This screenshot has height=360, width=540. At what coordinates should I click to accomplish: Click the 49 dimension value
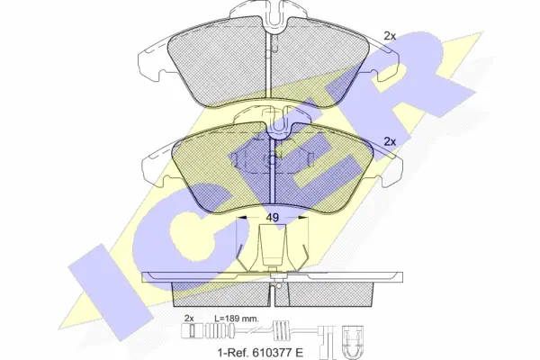click(273, 218)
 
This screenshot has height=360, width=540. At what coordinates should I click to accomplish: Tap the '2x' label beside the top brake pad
click(390, 36)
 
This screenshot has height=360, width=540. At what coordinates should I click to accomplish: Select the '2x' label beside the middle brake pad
click(390, 141)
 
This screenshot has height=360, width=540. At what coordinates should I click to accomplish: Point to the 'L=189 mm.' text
click(237, 319)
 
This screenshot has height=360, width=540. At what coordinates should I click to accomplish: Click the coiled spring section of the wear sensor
click(283, 331)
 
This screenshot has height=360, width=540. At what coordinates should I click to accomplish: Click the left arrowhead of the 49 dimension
click(242, 218)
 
